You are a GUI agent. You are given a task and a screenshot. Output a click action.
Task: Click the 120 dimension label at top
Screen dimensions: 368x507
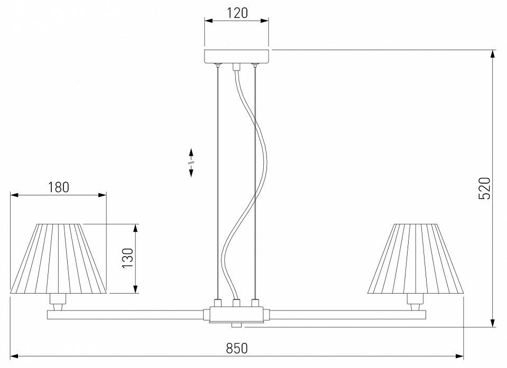point(237,13)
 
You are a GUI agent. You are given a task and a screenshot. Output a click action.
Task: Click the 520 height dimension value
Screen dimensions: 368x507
point(485,188)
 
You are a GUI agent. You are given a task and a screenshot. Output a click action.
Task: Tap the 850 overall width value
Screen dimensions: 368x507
point(237,348)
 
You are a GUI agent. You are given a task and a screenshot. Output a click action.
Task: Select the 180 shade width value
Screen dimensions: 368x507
point(58,187)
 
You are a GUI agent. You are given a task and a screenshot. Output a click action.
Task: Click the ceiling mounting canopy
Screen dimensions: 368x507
point(237,56)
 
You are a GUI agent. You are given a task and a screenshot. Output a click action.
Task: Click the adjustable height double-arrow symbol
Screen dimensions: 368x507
point(191,162)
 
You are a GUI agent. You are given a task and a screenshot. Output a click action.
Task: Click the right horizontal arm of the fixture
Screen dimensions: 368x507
point(349,315)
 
